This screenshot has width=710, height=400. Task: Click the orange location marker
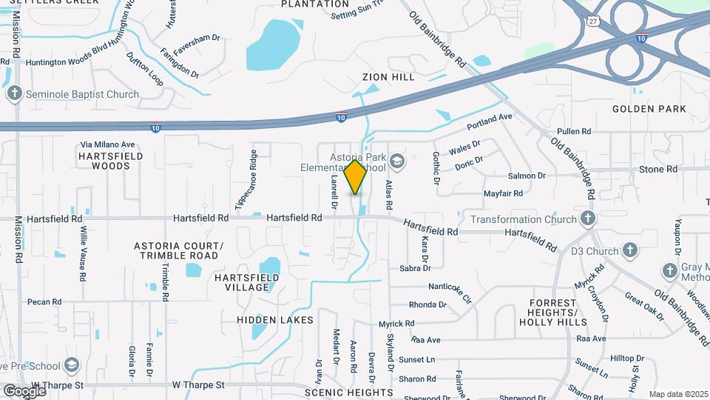[356, 176]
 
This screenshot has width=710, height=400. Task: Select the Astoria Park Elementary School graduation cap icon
[398, 161]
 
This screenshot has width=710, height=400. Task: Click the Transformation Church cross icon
[587, 219]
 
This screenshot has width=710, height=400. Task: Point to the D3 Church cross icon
[630, 250]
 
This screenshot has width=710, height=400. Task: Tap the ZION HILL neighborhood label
[388, 77]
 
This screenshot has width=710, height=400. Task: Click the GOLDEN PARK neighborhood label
[649, 109]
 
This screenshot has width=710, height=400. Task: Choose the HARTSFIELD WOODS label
[104, 161]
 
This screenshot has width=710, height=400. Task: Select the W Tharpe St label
[197, 385]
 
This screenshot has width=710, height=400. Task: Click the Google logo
[24, 390]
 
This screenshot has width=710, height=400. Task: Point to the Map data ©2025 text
[678, 394]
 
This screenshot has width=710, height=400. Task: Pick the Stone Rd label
[658, 170]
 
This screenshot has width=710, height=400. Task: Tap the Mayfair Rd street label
[503, 193]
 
